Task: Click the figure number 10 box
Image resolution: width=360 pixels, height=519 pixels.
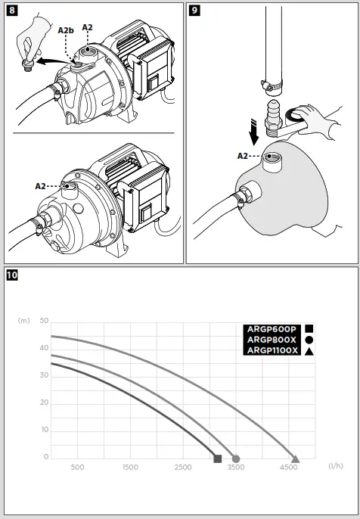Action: (x=12, y=275)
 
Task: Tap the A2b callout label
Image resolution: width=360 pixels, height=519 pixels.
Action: (x=66, y=30)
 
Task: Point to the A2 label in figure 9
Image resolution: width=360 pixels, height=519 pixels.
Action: (x=243, y=155)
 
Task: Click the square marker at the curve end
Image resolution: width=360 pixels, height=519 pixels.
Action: (x=218, y=458)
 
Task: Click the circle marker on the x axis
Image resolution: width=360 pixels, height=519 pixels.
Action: (x=236, y=458)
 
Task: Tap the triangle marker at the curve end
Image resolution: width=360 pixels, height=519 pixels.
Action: (x=295, y=458)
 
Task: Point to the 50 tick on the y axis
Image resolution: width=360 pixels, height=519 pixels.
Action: (x=44, y=321)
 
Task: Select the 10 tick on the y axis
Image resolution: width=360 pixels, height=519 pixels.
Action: (x=44, y=430)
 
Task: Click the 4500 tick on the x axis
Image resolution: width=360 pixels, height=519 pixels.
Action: (x=289, y=468)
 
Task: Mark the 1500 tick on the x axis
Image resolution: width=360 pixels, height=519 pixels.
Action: (x=130, y=468)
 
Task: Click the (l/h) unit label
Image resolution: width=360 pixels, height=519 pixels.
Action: (x=336, y=467)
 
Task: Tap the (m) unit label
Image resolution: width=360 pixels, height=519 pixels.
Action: (x=23, y=321)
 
